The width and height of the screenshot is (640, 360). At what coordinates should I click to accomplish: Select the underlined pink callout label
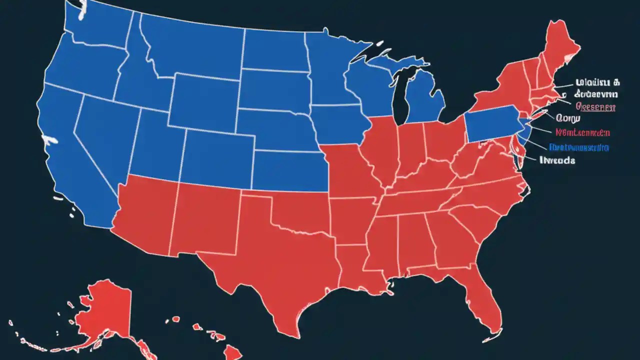tap(595, 106)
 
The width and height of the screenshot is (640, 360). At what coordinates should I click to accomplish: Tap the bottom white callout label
tap(557, 160)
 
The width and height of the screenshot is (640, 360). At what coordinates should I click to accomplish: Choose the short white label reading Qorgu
tap(567, 119)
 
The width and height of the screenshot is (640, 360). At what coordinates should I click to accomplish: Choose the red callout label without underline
tap(582, 133)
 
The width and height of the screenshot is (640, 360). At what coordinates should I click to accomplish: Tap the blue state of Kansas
tap(290, 170)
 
